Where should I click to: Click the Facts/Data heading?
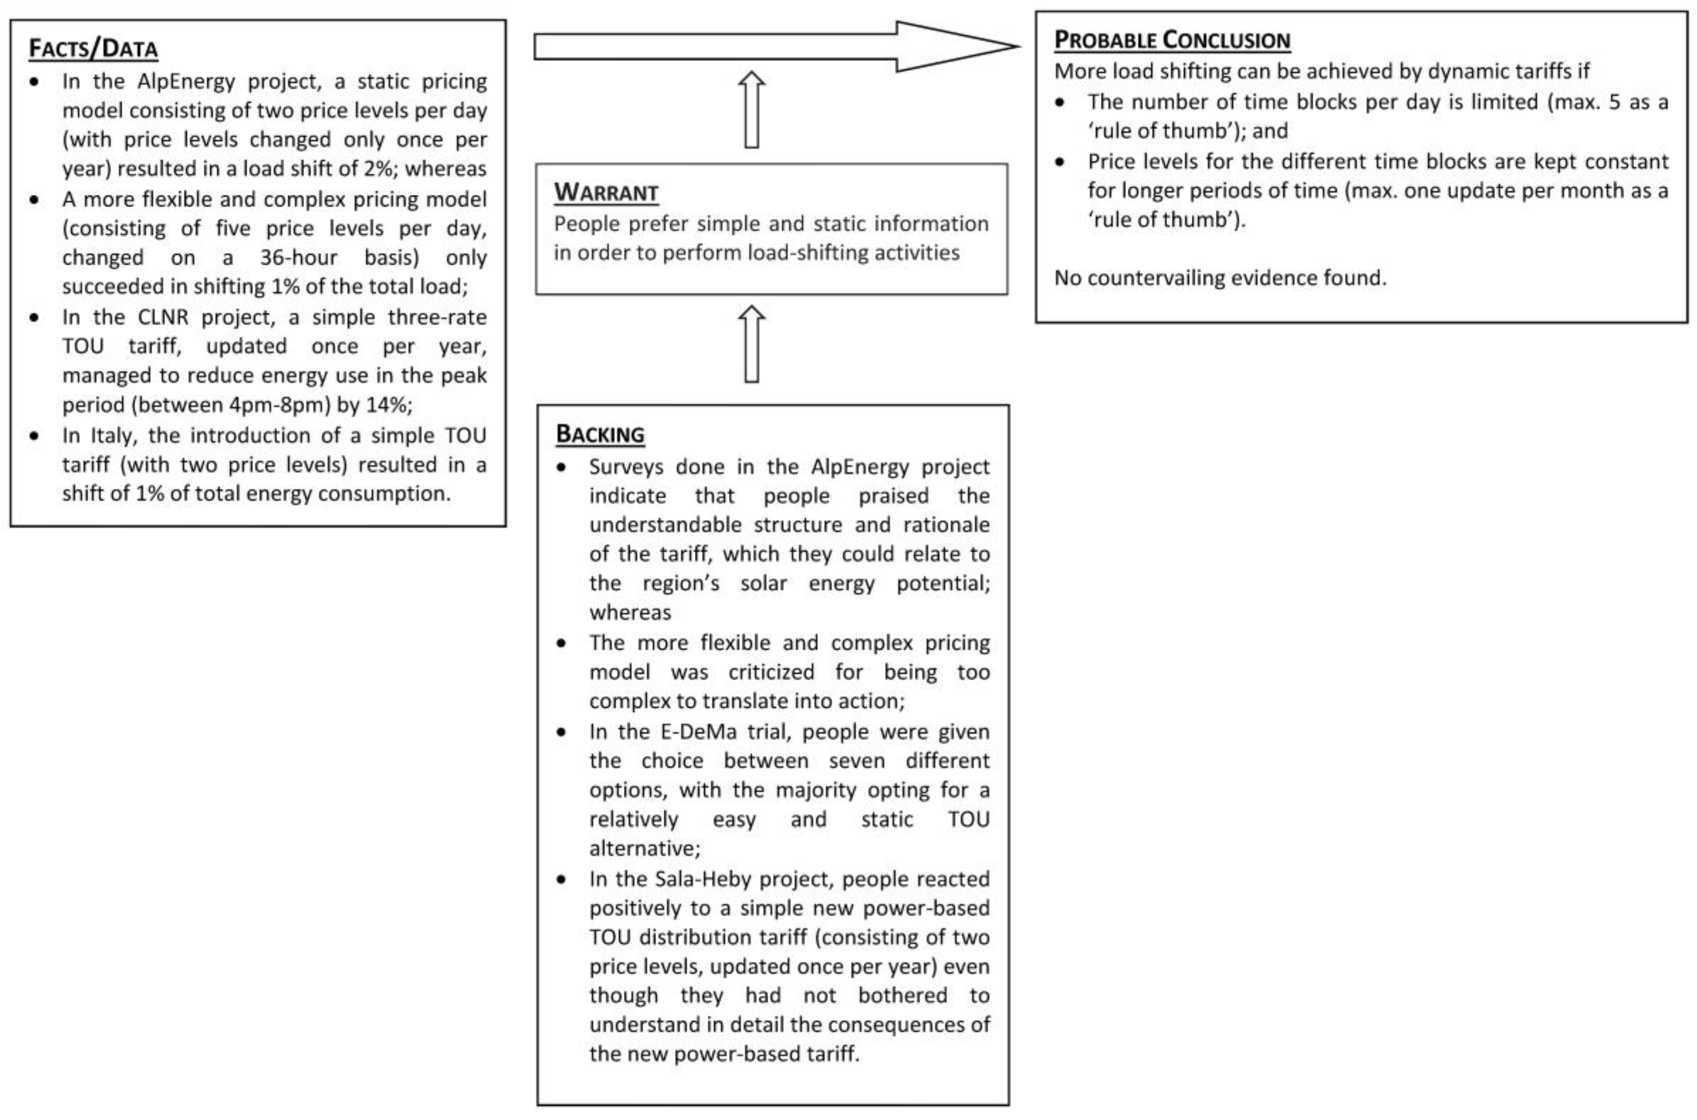(x=93, y=49)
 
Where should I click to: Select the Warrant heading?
(x=606, y=193)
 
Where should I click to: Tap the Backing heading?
(x=600, y=434)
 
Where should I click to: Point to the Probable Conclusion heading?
(x=1172, y=40)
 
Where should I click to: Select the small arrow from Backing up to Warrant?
(x=751, y=344)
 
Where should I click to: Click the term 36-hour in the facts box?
(x=298, y=257)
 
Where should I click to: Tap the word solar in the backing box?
(x=762, y=584)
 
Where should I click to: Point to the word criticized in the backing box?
(x=771, y=672)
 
